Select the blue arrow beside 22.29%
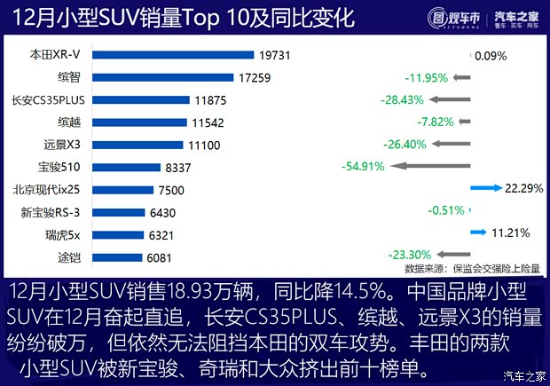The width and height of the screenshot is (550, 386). coord(486,187)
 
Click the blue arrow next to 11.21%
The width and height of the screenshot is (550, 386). coord(478,232)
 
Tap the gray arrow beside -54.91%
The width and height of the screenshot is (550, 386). coord(429,166)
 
